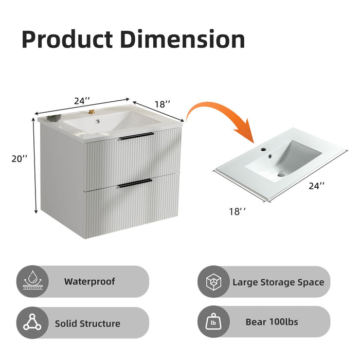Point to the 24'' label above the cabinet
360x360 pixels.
pos(82,101)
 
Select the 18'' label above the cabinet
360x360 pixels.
pos(162,104)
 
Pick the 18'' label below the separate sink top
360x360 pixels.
pos(237,211)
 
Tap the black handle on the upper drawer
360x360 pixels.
pos(136,136)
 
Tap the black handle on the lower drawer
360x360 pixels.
pos(135,182)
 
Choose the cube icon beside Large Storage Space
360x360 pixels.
pos(213,282)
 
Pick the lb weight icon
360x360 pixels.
pos(213,322)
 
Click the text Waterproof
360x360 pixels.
pos(89,282)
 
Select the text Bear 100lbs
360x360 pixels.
pos(272,322)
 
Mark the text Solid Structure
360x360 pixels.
pos(87,323)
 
